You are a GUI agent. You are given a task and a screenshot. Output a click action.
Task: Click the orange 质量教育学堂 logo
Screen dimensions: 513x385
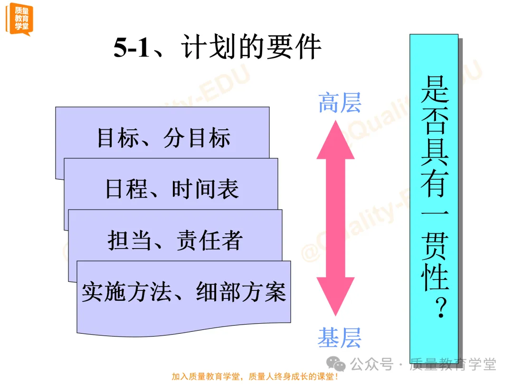[x=19, y=18]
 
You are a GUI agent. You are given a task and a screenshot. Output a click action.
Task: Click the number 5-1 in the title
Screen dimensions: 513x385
[x=132, y=48]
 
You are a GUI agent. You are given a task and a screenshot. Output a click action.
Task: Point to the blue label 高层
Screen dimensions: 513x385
[x=340, y=103]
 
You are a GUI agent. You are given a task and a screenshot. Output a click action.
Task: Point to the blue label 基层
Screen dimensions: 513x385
[x=340, y=337]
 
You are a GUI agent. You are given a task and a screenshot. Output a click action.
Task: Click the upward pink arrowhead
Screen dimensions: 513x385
[x=335, y=140]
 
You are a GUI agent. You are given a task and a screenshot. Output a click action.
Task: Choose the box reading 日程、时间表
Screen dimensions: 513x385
[x=172, y=189]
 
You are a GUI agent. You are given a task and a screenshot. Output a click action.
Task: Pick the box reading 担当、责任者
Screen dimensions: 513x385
[x=175, y=240]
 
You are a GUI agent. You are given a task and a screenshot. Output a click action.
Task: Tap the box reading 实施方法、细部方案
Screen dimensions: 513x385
[x=184, y=291]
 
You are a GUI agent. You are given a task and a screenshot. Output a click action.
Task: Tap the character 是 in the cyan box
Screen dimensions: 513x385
[x=435, y=89]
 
